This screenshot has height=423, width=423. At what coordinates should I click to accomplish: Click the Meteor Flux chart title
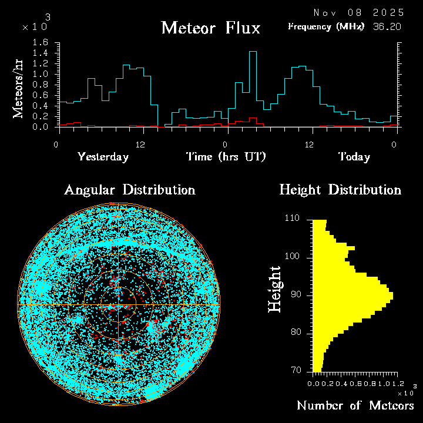[210, 28]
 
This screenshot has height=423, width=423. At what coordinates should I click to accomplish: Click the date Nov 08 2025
[358, 12]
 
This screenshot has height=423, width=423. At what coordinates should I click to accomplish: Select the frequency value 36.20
[388, 26]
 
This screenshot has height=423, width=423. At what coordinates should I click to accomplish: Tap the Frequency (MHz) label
[326, 26]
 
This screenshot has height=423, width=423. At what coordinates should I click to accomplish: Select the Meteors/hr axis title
[18, 88]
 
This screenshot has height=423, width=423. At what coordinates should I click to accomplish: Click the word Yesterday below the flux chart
[103, 157]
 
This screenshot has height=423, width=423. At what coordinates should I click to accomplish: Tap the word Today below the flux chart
[354, 157]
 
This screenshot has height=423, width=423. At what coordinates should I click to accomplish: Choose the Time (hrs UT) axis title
[226, 157]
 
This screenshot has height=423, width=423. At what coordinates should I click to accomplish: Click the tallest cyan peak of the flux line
[253, 52]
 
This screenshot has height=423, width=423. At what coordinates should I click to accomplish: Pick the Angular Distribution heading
[129, 190]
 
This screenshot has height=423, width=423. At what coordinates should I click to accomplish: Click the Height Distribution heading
[340, 190]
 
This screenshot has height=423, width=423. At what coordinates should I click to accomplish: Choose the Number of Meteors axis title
[355, 406]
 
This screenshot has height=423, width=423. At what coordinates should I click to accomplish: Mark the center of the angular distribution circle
[119, 305]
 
